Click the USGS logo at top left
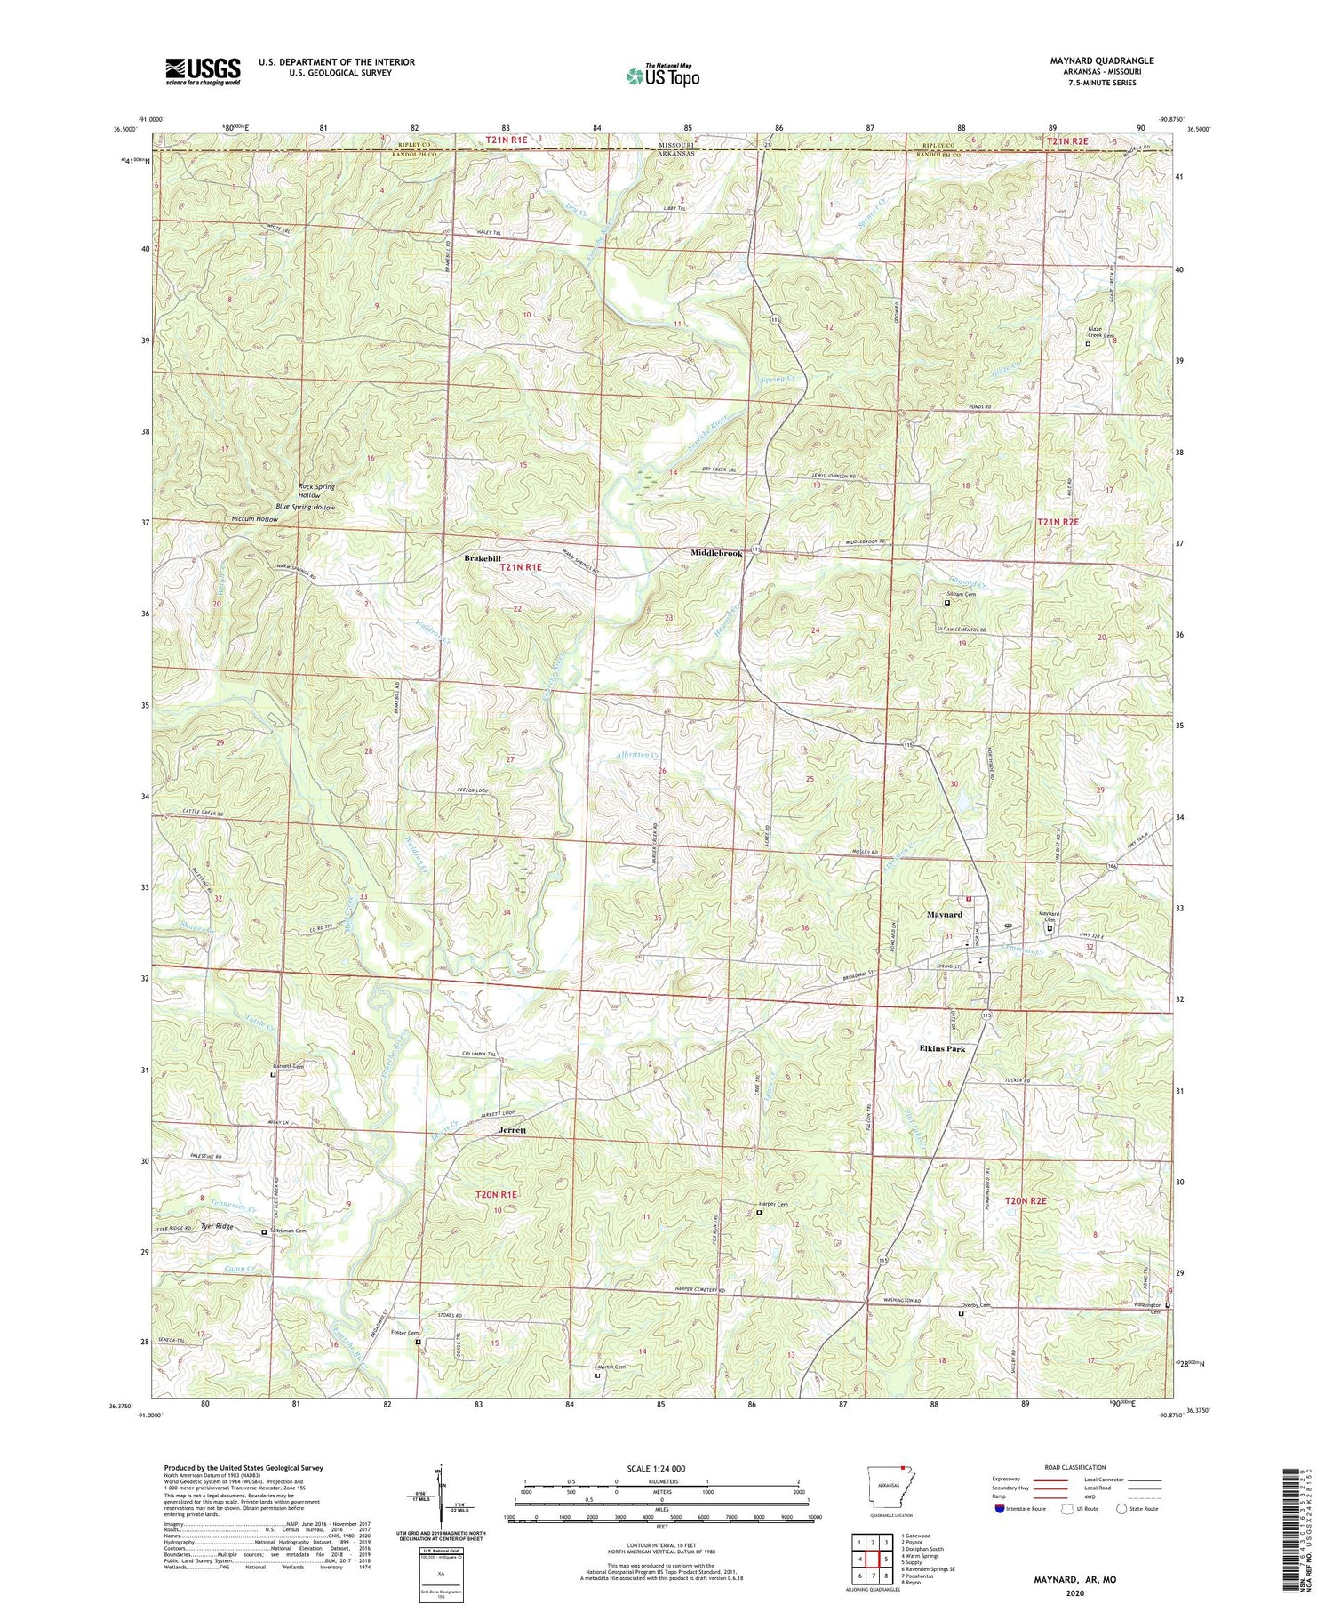[203, 71]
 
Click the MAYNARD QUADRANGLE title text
[1090, 60]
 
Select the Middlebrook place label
[716, 553]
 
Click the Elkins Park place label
[941, 1049]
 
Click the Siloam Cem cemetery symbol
[946, 602]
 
